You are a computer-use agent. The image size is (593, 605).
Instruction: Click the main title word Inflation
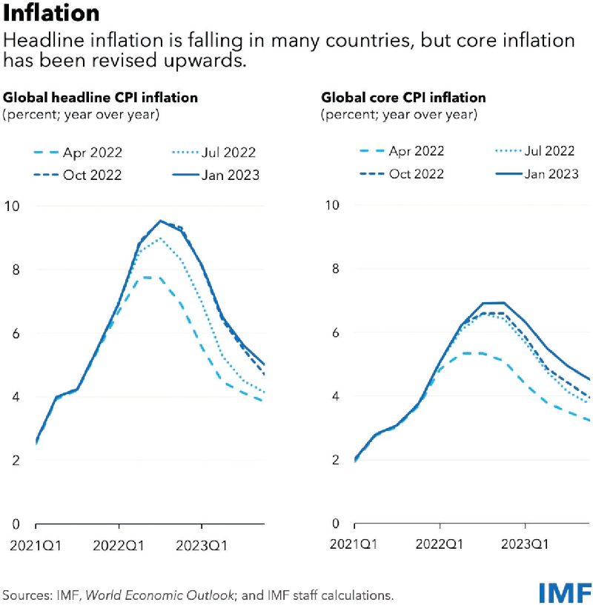50,13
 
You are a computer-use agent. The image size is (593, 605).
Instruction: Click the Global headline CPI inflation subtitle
101,97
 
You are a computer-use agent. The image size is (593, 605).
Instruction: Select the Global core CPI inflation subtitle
403,97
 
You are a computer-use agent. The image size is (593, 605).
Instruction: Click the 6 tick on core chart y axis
334,333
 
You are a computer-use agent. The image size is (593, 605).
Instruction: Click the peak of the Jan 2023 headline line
159,221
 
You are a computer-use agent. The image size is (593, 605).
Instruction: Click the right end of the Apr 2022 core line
589,421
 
